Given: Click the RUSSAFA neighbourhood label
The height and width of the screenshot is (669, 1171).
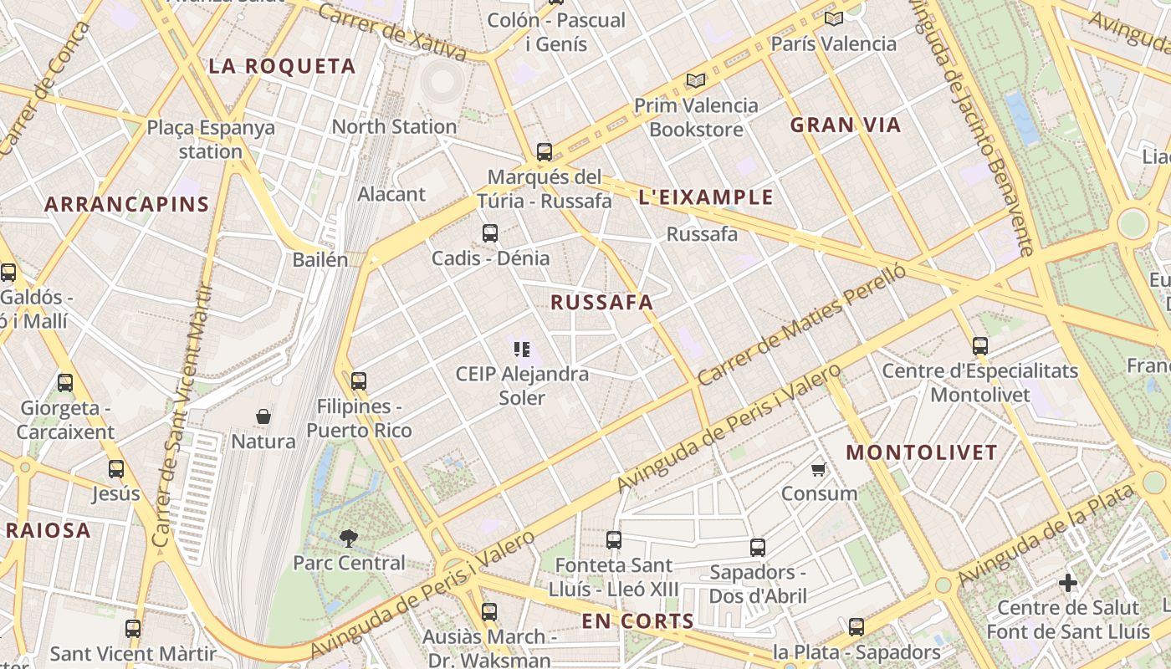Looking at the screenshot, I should (601, 303).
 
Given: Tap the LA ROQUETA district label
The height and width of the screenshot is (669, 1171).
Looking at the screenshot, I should (282, 67).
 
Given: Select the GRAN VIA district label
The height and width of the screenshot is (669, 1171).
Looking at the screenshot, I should (846, 125).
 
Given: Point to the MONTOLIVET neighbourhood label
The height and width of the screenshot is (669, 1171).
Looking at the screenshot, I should (922, 453).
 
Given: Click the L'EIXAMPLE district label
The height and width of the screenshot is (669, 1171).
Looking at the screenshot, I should (706, 197).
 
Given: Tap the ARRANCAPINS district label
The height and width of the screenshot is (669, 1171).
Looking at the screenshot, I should (126, 204).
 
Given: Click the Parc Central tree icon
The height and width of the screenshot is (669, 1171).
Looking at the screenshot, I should (348, 538).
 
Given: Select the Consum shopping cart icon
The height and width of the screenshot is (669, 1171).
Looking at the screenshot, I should (819, 469).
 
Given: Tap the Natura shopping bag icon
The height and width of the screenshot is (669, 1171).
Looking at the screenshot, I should (263, 416).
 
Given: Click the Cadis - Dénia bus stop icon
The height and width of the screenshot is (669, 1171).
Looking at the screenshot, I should (490, 233).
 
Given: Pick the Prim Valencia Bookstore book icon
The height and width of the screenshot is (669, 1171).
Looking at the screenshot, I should (695, 81).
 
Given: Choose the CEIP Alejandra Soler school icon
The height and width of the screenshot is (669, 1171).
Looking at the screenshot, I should (522, 349).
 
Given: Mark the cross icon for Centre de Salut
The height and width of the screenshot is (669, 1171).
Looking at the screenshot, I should (1068, 582).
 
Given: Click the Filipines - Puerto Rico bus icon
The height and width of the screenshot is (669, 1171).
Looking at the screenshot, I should (359, 381).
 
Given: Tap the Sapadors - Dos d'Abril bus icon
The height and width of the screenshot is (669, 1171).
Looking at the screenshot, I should (758, 548).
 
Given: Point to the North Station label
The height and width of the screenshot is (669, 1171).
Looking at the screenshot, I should (394, 127).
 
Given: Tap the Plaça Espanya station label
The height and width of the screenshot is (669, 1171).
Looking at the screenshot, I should (210, 140).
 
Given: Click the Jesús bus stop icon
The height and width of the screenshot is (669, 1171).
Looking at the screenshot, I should (116, 469).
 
